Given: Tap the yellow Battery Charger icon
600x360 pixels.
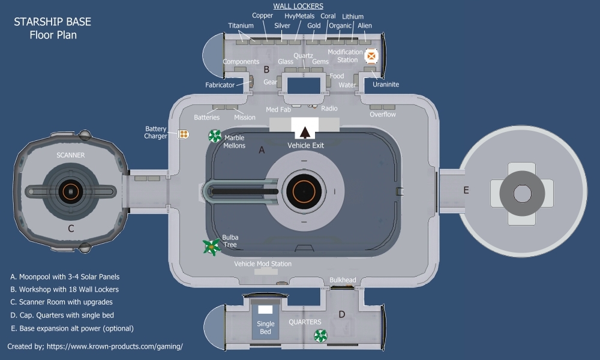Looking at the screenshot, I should (184, 133).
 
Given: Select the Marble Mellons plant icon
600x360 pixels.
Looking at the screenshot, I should (214, 137).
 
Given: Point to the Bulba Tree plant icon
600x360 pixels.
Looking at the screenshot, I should (211, 245).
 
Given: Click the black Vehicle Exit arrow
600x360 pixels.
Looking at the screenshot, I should (305, 132).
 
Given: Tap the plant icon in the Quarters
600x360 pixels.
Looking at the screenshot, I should (320, 335).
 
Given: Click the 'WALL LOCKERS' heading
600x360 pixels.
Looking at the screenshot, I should (298, 6).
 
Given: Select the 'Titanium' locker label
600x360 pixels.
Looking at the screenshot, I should (241, 26).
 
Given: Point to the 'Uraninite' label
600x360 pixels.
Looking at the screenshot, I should (385, 85).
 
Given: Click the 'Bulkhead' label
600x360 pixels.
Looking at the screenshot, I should (343, 280).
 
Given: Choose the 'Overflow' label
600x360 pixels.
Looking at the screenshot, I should (383, 114).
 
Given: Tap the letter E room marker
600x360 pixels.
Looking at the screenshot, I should (466, 190).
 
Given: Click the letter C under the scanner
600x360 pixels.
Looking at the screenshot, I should (71, 228).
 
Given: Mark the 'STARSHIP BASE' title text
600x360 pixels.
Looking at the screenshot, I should (53, 22).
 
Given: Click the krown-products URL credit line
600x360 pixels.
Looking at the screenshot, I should (95, 347).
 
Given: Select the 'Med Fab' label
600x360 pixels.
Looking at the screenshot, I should (278, 109).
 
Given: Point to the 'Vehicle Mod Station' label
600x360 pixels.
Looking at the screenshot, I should (263, 264).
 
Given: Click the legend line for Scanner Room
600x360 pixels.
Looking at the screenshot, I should (61, 302).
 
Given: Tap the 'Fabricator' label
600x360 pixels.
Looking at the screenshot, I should (220, 85).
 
